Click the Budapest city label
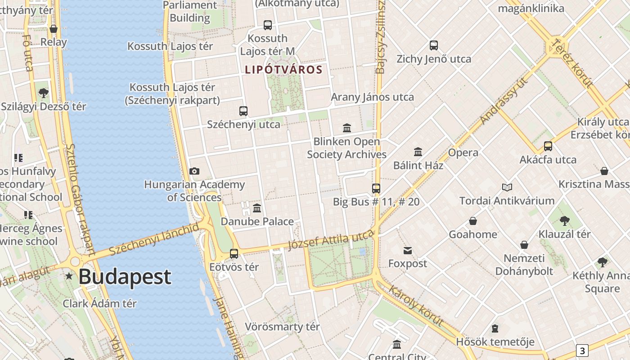[x=125, y=276]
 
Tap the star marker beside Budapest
[x=69, y=276]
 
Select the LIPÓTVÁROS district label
[x=283, y=70]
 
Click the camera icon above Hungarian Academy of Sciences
[x=194, y=171]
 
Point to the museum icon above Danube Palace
[x=257, y=208]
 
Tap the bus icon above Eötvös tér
[x=234, y=253]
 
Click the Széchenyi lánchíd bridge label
[x=153, y=238]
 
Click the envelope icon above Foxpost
[x=408, y=250]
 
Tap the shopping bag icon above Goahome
[x=473, y=221]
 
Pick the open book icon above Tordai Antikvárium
[x=507, y=187]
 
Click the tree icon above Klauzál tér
[x=564, y=220]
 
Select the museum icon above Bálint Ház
[x=418, y=152]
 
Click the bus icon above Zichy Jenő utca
[x=434, y=45]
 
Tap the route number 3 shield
[x=582, y=351]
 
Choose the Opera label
[x=463, y=153]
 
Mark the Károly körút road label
[x=416, y=306]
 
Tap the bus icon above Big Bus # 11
[x=376, y=189]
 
